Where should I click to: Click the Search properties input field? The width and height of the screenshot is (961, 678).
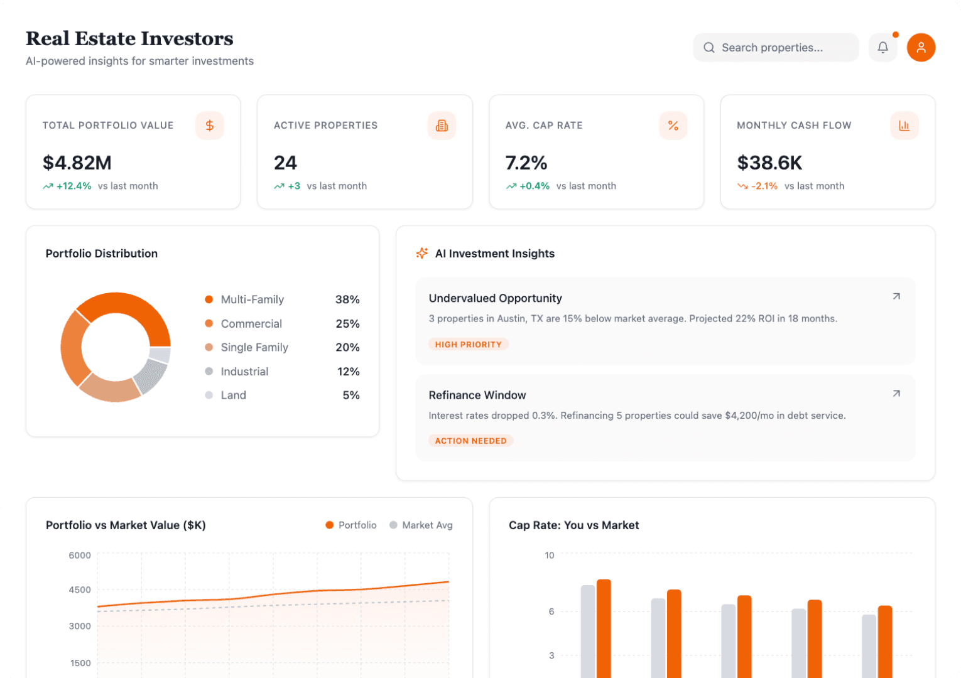tap(776, 48)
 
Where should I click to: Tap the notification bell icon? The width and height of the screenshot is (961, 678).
tap(882, 48)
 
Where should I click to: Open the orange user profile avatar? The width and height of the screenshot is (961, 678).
tap(921, 48)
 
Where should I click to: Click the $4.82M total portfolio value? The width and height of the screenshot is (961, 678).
tap(77, 163)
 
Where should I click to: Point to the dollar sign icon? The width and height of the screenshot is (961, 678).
tap(210, 126)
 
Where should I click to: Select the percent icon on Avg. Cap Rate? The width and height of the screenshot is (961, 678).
tap(673, 126)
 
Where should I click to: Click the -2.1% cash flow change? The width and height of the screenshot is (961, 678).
tap(764, 186)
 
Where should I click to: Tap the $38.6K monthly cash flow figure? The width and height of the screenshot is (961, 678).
tap(769, 163)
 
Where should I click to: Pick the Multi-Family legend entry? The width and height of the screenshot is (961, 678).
tap(252, 299)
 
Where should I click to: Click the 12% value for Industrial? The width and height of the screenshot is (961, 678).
tap(348, 372)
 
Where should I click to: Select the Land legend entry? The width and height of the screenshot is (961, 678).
tap(233, 395)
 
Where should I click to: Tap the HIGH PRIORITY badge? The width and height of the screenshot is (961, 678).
tap(468, 345)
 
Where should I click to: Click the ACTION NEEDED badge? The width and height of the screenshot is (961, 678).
tap(470, 441)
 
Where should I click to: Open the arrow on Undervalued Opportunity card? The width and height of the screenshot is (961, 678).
tap(896, 296)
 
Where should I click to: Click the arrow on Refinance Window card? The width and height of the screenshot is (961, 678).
tap(896, 394)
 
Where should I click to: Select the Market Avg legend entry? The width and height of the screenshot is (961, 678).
tap(426, 525)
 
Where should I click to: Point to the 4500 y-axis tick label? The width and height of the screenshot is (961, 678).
tap(80, 590)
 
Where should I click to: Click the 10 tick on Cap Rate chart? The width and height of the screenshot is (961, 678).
tap(550, 555)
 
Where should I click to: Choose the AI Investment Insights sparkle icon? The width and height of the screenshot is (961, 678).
tap(422, 253)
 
